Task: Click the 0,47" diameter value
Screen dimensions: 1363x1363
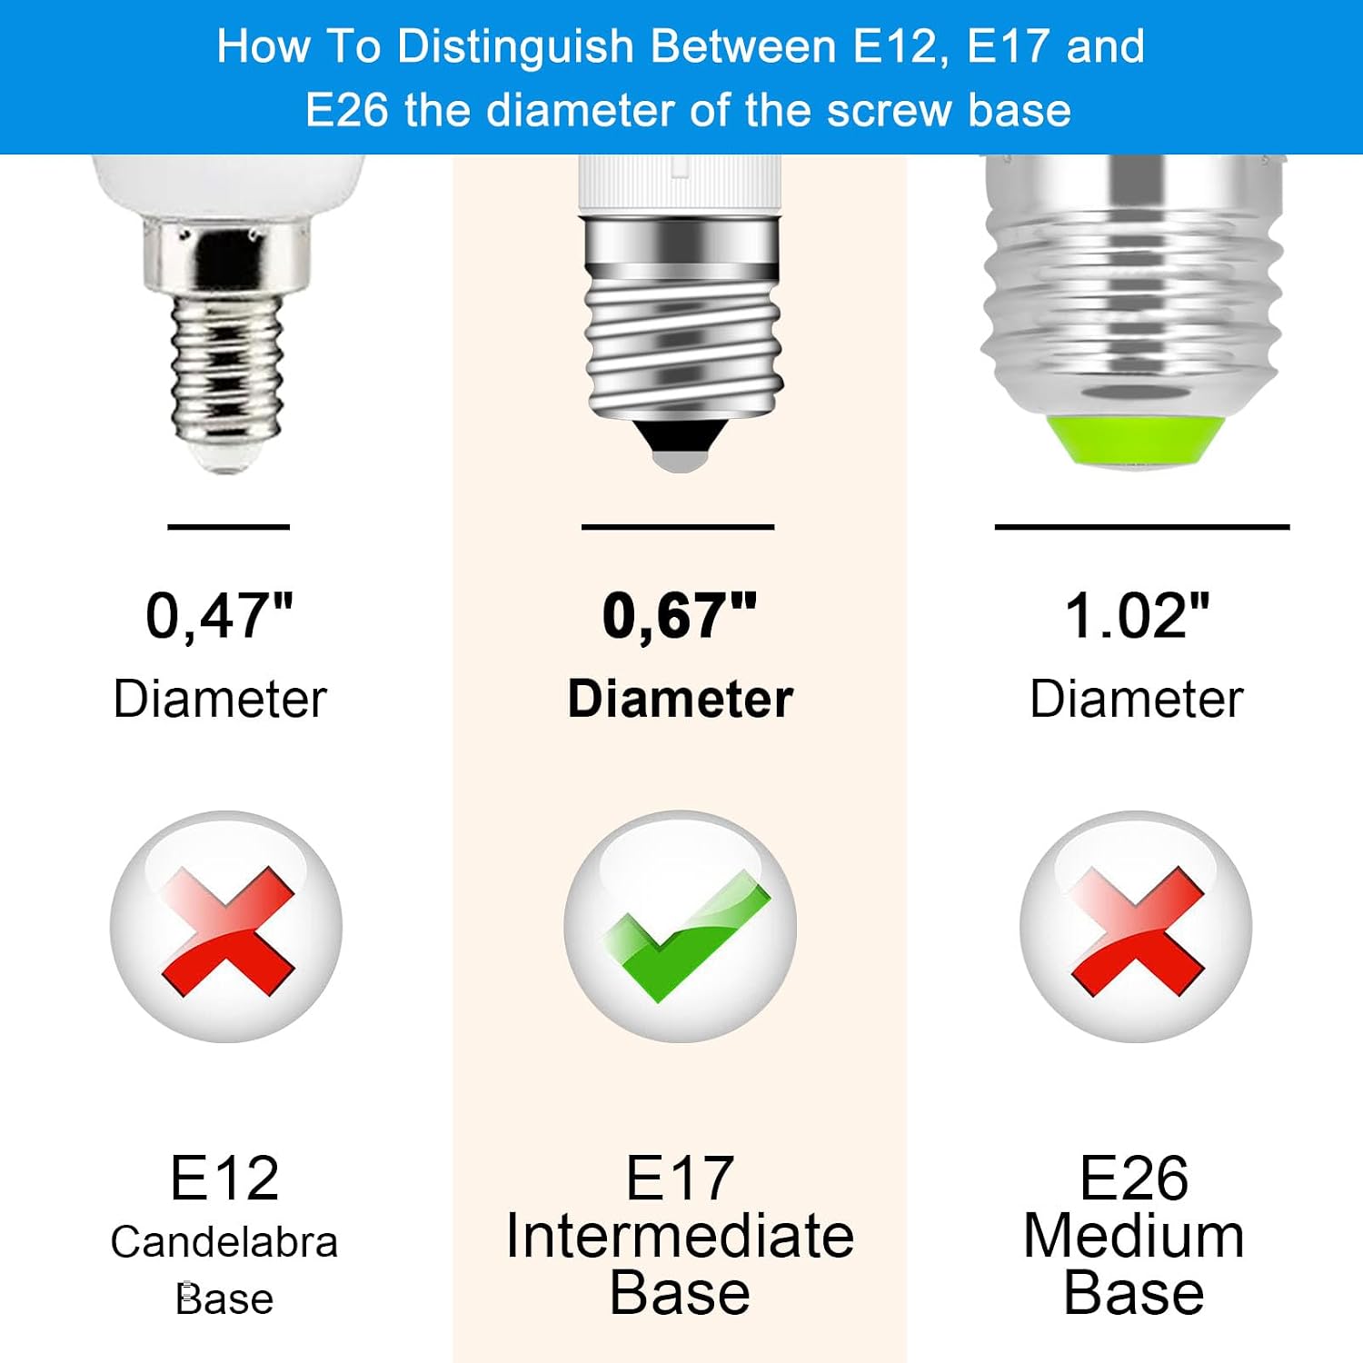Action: [220, 617]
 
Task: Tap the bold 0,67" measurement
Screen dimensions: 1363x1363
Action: [680, 617]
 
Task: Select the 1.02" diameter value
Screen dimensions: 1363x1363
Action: [1138, 616]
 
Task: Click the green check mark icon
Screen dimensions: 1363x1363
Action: [687, 936]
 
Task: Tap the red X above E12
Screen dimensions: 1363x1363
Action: [228, 930]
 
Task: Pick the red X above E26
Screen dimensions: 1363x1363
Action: [1138, 930]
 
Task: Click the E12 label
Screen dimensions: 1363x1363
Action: [224, 1179]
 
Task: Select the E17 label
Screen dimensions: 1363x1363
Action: [680, 1179]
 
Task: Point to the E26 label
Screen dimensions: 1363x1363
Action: [1134, 1179]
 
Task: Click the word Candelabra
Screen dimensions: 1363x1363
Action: [224, 1242]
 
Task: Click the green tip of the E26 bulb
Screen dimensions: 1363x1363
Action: [1133, 442]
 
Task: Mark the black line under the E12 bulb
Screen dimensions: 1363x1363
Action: [229, 527]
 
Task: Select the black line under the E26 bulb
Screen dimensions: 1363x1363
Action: [1142, 527]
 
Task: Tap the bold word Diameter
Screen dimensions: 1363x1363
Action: [681, 699]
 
